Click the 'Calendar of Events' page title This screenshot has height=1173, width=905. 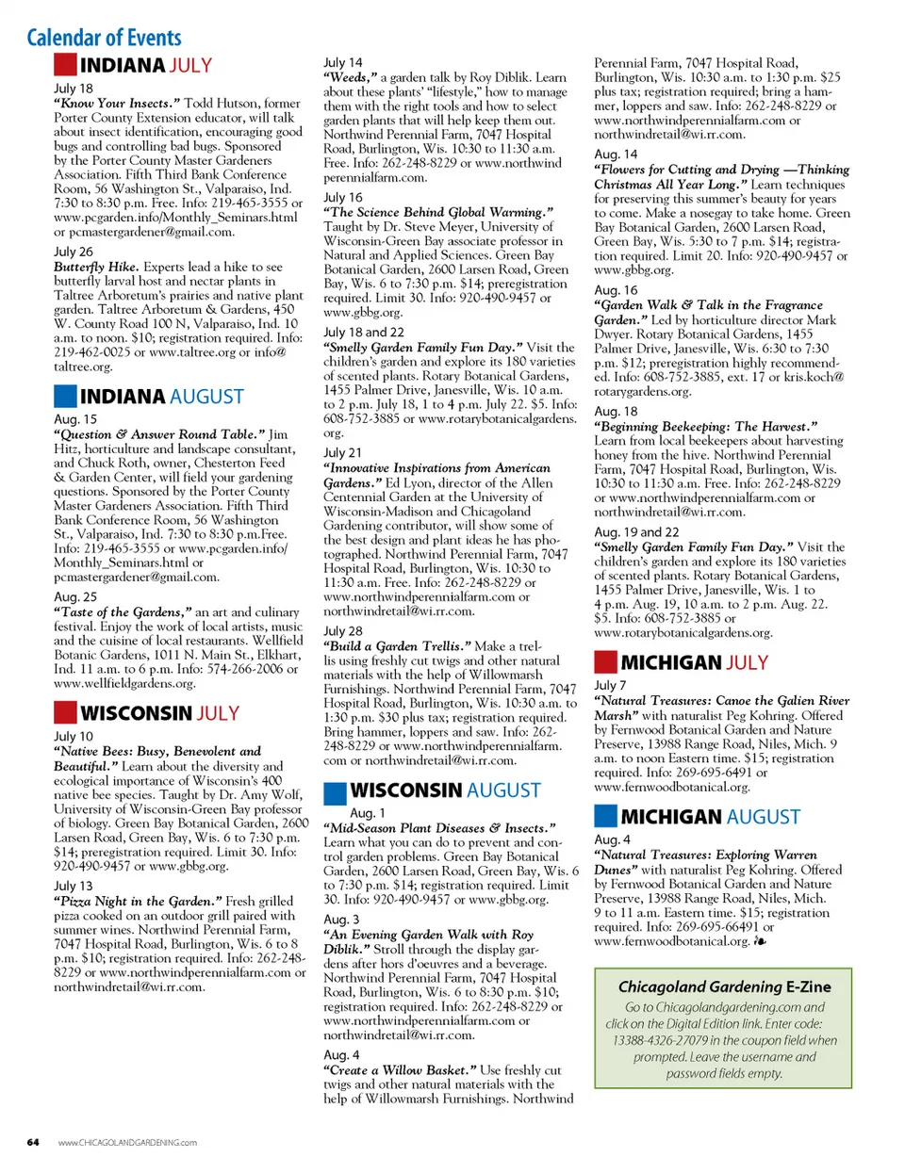click(104, 38)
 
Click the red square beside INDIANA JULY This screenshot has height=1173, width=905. click(65, 65)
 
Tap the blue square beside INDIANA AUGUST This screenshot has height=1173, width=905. click(65, 397)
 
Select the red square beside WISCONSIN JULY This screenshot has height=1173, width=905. click(65, 713)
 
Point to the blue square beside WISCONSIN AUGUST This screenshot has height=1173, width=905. click(335, 790)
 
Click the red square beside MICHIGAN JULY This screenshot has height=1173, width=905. click(605, 662)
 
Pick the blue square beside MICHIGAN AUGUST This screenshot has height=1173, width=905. click(605, 817)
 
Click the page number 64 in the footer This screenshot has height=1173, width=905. click(33, 1143)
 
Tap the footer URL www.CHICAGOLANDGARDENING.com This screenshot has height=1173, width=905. click(127, 1143)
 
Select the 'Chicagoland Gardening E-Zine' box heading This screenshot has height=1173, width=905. click(724, 986)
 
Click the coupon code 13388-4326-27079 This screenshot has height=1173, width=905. click(659, 1040)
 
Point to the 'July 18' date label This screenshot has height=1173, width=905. click(74, 89)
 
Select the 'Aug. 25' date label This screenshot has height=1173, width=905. click(75, 597)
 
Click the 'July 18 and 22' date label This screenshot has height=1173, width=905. click(363, 333)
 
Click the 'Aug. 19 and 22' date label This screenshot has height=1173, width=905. click(636, 532)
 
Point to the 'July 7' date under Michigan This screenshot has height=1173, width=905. click(609, 686)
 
